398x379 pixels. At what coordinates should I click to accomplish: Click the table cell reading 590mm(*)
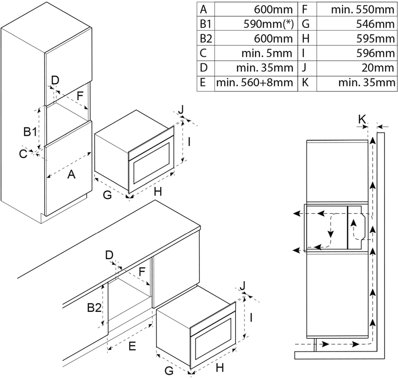268,24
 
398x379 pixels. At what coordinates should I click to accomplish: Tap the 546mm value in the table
379,24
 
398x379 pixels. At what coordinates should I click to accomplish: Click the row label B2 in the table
206,38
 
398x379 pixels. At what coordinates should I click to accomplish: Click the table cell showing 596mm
379,53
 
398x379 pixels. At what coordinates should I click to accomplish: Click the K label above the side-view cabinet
362,118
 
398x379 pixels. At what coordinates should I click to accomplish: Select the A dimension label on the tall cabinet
71,175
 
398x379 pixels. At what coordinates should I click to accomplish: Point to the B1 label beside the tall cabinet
30,132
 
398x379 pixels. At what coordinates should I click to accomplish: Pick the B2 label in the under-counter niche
94,308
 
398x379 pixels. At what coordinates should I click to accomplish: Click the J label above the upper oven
182,109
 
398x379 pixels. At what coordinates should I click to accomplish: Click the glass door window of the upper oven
152,164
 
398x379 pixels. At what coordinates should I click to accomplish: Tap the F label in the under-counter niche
142,271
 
